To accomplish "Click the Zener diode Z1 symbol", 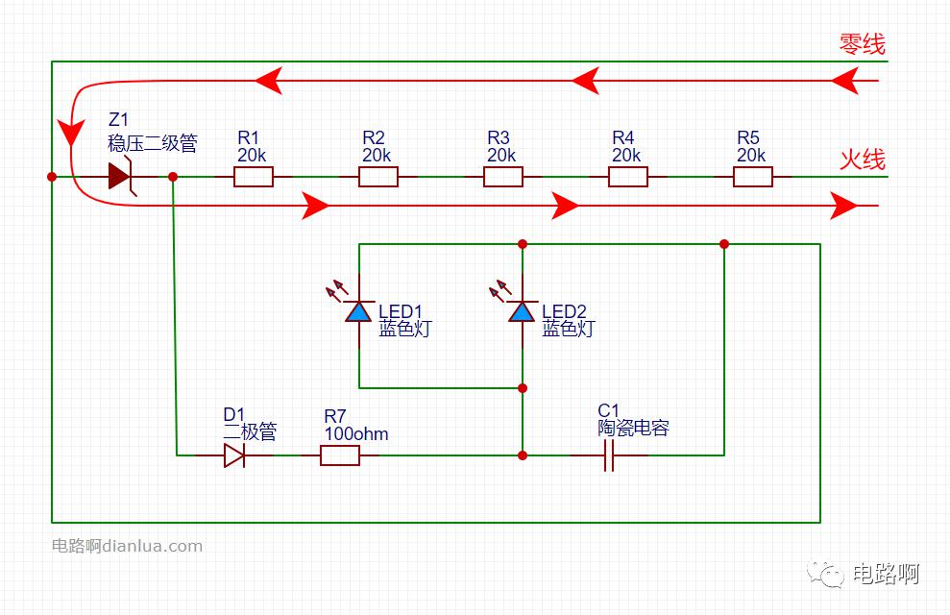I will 120,177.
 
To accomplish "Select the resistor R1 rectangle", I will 254,177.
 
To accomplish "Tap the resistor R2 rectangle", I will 378,177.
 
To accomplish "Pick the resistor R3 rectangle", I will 503,177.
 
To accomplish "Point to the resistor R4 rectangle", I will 628,177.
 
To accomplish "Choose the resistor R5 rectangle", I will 753,177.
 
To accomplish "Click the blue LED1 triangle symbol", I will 359,311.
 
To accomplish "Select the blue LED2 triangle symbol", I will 523,311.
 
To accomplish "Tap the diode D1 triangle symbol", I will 234,455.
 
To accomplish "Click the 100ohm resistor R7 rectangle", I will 340,455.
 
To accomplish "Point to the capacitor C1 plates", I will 608,455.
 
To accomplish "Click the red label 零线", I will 862,44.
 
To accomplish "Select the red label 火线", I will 862,160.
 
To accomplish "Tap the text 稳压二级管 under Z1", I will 153,144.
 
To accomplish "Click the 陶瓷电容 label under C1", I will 633,429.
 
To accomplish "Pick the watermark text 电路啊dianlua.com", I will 127,546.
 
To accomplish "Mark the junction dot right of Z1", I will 173,177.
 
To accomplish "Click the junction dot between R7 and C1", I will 523,455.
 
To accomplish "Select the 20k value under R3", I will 501,155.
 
